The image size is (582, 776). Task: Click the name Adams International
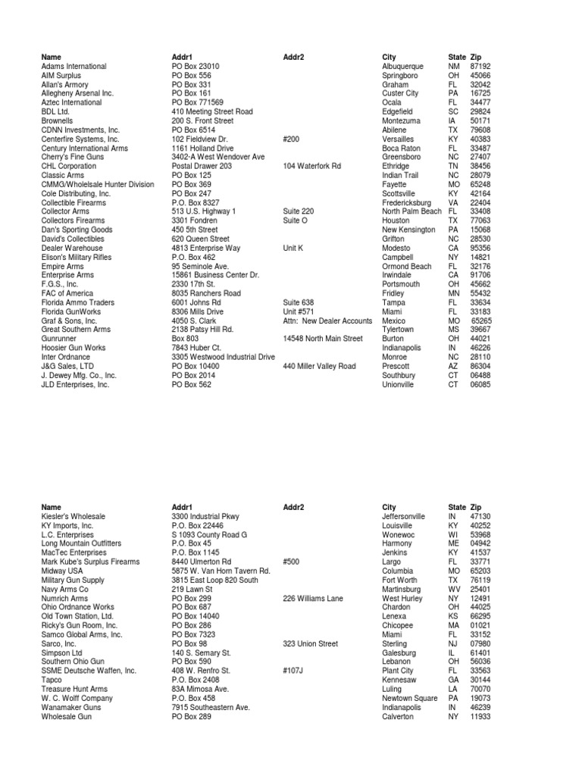(x=74, y=67)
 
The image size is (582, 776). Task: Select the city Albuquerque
(x=406, y=67)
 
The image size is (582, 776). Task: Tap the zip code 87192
(x=480, y=67)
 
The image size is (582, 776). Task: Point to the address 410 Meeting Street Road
(x=212, y=111)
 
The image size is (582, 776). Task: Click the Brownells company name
(x=58, y=120)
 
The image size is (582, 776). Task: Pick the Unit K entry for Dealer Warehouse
(x=293, y=248)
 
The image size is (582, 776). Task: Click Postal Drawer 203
(x=202, y=166)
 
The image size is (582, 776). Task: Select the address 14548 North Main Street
(x=323, y=339)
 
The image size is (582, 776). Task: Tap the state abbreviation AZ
(x=453, y=366)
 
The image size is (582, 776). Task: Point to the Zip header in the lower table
(x=476, y=508)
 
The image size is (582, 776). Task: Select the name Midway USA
(x=62, y=571)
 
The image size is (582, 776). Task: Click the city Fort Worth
(x=400, y=580)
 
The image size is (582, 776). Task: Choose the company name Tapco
(x=52, y=681)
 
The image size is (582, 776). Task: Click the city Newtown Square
(x=409, y=699)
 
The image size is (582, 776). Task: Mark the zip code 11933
(x=480, y=717)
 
